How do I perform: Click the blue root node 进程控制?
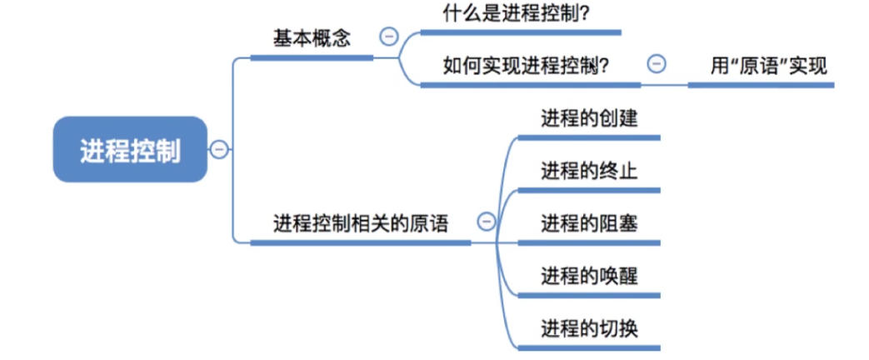(x=130, y=150)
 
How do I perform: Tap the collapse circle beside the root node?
(x=219, y=149)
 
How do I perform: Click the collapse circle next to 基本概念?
(x=388, y=37)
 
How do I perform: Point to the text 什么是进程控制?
(x=512, y=13)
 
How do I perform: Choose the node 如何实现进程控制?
(x=525, y=66)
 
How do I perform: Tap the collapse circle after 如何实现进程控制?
(x=657, y=64)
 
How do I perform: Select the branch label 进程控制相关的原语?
(x=361, y=222)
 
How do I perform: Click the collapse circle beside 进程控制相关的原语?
(x=486, y=222)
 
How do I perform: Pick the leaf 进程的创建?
(x=589, y=118)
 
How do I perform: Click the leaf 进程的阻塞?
(x=589, y=223)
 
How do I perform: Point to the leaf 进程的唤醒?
(x=589, y=275)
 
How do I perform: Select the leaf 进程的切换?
(x=589, y=327)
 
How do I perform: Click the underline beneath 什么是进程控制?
(x=521, y=33)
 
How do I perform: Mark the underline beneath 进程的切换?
(x=588, y=347)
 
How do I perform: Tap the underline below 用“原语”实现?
(x=761, y=85)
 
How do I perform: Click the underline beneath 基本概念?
(x=312, y=57)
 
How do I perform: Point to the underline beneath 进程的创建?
(x=588, y=137)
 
